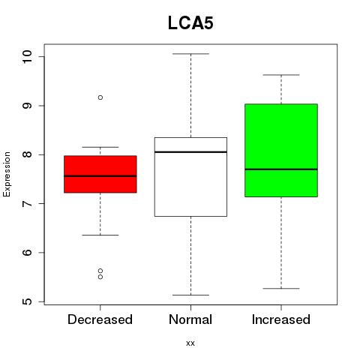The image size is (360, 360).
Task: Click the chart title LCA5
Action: [x=190, y=23]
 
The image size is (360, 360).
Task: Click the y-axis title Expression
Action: [x=7, y=175]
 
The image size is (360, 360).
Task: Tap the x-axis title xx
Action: [x=190, y=343]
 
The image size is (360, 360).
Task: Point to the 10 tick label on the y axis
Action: [x=27, y=56]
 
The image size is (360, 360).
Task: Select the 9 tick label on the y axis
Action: [x=27, y=106]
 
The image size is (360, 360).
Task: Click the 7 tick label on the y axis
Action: [x=27, y=203]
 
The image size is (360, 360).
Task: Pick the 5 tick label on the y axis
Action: [x=27, y=301]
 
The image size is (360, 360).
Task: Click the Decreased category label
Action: [x=100, y=319]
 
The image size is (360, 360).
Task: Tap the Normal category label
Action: [x=190, y=319]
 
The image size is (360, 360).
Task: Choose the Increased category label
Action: [x=281, y=319]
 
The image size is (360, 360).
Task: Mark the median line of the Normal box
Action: [x=190, y=152]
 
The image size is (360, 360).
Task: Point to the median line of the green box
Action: [x=281, y=169]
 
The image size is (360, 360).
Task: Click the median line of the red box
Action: [x=100, y=176]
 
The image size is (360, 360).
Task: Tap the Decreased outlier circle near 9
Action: [x=100, y=97]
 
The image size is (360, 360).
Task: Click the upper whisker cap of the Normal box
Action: [x=190, y=54]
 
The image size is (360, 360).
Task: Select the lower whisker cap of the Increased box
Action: [x=281, y=289]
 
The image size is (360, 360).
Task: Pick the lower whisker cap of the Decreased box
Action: [x=100, y=235]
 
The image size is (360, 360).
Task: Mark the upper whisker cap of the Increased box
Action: [x=281, y=75]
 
